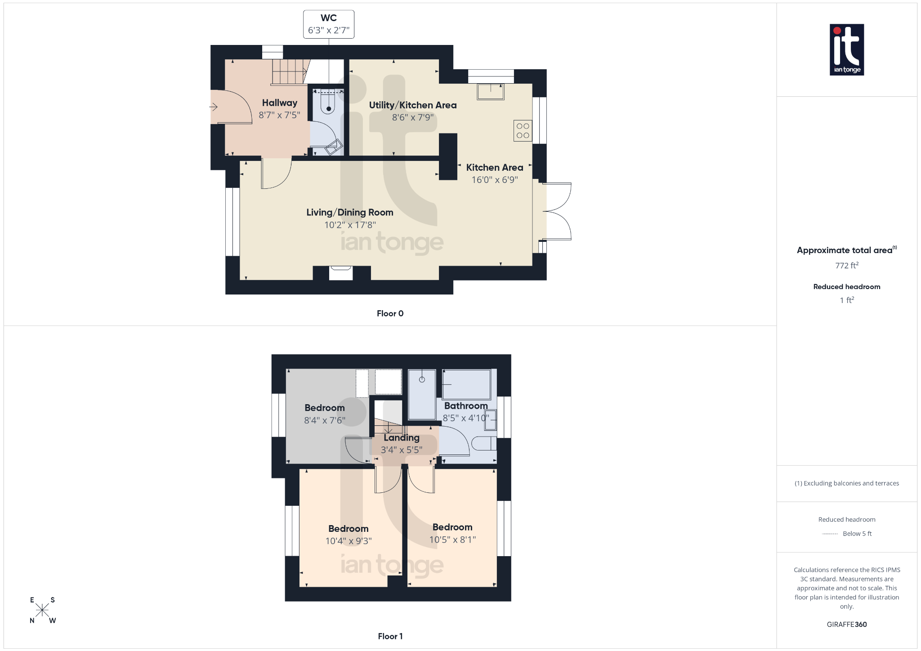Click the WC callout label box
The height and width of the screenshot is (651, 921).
coord(329,24)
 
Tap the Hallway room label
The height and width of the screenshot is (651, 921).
coord(279,103)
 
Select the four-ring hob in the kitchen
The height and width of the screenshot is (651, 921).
coord(523,131)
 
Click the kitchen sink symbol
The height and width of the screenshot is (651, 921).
coord(491,92)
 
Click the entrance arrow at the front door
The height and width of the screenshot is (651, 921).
coord(214,107)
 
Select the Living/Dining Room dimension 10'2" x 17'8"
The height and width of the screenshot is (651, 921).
coord(350,225)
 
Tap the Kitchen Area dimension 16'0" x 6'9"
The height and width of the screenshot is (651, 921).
coord(495,180)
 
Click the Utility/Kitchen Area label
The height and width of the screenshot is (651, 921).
coord(413,105)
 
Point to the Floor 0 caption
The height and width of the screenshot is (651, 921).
coord(390,313)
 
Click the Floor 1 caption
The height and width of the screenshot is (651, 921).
coord(390,636)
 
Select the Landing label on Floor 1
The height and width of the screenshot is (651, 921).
coord(402,437)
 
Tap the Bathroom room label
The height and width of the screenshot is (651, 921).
coord(466,406)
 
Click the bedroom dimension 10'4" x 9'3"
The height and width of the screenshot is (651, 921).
coord(349,541)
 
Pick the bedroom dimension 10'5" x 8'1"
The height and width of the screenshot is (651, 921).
coord(452,540)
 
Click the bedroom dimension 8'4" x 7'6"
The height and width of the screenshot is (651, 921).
coord(325,420)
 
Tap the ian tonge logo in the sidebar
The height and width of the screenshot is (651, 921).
coord(847,49)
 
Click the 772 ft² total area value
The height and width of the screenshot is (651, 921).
coord(847,265)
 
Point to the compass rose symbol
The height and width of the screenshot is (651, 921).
coord(42,610)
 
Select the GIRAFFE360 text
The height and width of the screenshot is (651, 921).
coord(847,624)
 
